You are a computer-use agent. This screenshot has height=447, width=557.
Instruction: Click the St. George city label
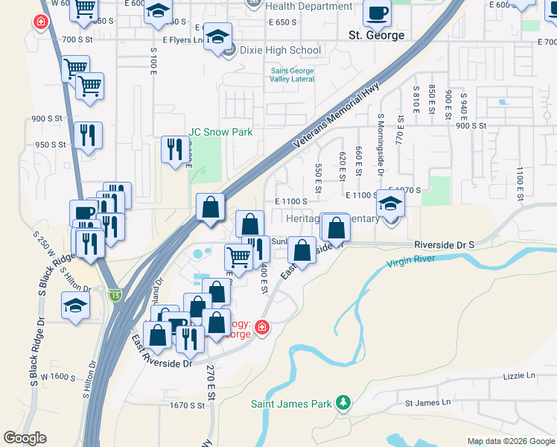(377, 35)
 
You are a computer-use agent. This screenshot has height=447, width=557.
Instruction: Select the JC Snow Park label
(220, 132)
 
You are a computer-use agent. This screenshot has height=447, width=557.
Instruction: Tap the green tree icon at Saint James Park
(343, 403)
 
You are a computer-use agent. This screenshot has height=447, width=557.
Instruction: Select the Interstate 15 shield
(114, 294)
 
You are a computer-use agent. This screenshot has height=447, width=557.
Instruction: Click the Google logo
(25, 438)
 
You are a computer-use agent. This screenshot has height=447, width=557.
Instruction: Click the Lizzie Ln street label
(520, 376)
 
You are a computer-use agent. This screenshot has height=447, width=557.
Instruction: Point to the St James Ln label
(427, 402)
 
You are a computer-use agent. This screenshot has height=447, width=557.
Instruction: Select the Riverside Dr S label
(444, 244)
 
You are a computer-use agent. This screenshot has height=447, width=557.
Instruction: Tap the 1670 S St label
(187, 405)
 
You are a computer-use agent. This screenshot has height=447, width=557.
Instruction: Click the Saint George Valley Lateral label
(292, 76)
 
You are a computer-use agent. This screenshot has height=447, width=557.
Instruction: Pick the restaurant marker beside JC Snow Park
(175, 150)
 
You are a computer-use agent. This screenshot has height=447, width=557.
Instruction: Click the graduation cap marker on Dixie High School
(217, 37)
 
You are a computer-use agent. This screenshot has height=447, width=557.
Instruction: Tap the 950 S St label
(51, 145)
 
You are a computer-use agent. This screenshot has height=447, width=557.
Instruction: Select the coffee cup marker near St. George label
(377, 13)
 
